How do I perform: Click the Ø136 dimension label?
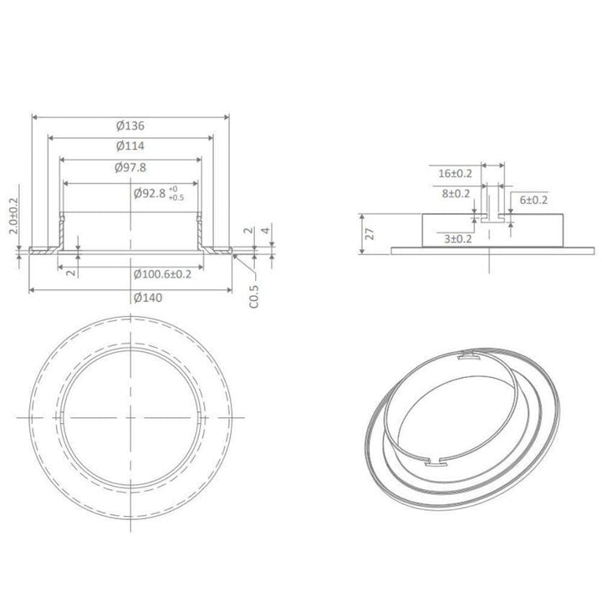130,125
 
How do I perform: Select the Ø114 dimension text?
130,145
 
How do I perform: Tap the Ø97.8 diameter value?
130,166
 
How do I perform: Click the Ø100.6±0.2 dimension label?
162,274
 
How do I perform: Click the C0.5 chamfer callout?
254,297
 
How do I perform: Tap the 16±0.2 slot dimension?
455,173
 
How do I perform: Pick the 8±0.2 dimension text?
455,193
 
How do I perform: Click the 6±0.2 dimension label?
533,200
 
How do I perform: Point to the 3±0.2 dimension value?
458,239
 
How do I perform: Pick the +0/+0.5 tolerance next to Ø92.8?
176,193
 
